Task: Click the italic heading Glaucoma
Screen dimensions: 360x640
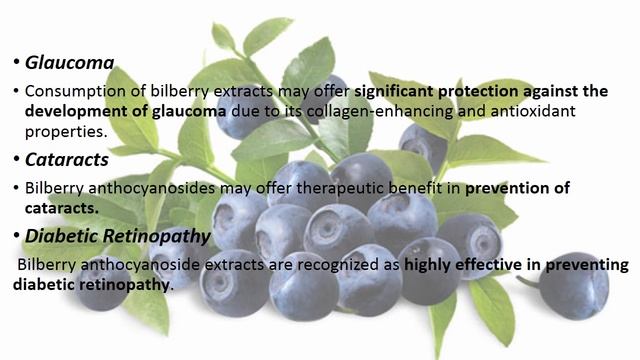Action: [x=69, y=63]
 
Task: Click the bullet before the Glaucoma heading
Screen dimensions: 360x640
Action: [x=16, y=63]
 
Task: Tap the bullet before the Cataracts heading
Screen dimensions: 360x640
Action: [x=16, y=158]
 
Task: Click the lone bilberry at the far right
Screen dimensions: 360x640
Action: [x=574, y=286]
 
